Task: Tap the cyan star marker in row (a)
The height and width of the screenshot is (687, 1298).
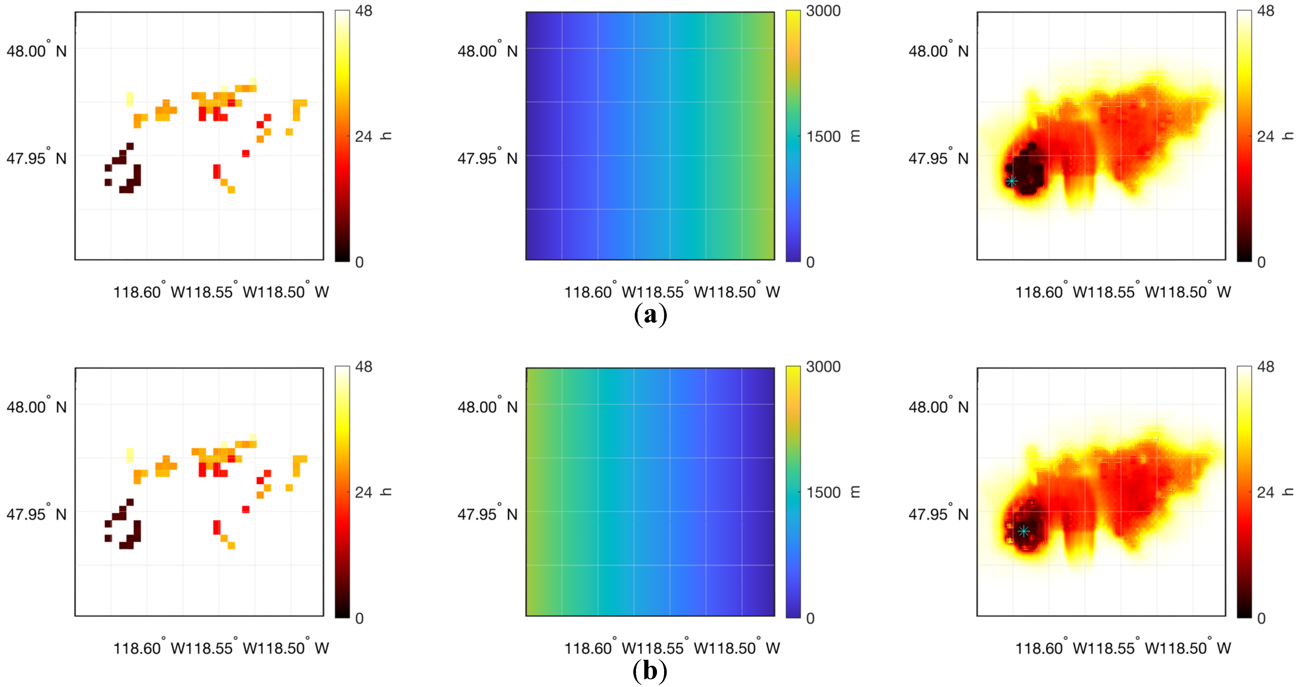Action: (1011, 181)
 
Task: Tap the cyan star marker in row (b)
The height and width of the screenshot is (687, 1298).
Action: (1023, 531)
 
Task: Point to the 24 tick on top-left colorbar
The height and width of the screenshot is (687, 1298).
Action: (363, 137)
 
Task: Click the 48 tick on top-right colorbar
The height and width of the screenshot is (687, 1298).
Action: (1266, 11)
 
